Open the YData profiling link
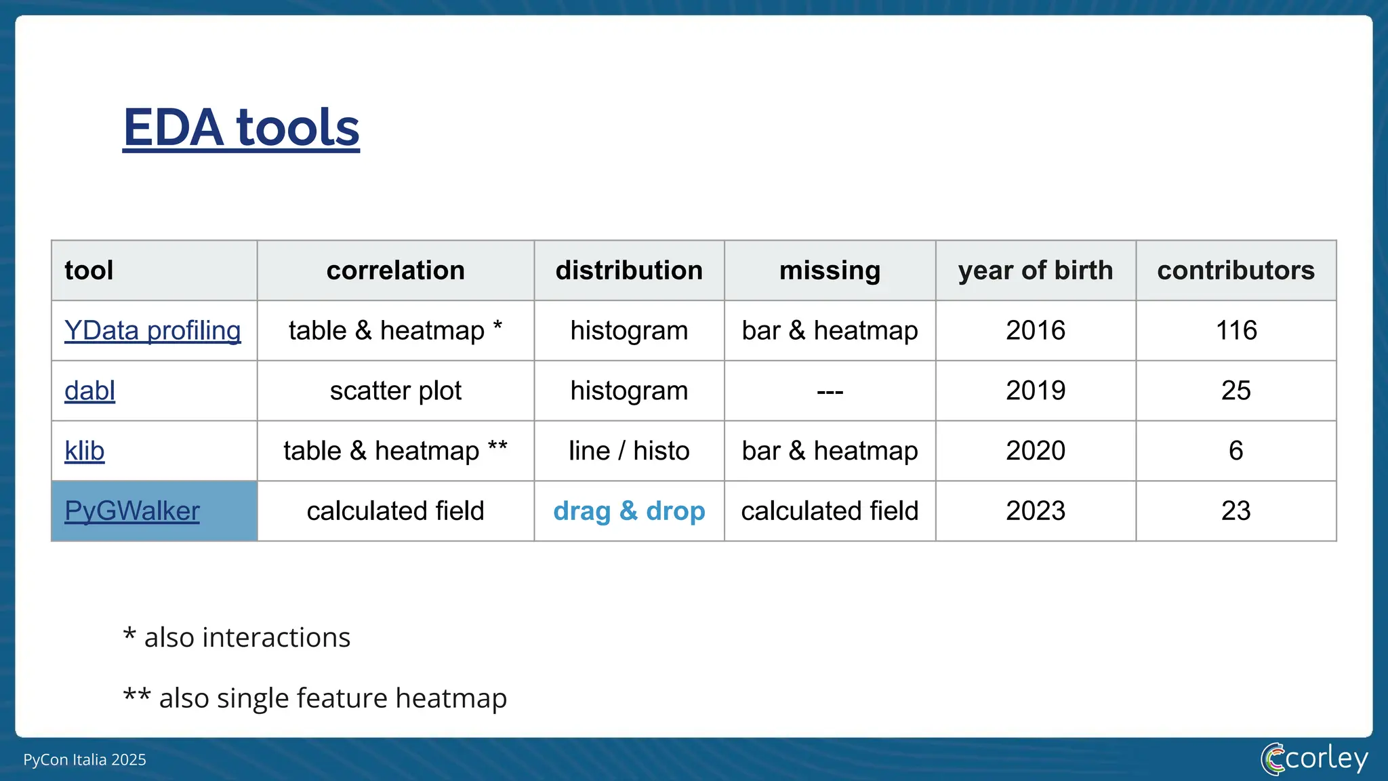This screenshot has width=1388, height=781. tap(152, 331)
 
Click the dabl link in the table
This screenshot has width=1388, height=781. tap(89, 391)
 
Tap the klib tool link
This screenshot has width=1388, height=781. tap(84, 451)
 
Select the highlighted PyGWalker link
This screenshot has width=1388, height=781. tap(131, 511)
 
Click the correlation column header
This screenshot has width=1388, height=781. tap(395, 271)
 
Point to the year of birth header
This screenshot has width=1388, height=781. tap(1035, 271)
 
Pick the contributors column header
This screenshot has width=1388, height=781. tap(1236, 271)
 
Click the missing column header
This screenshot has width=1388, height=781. tap(830, 271)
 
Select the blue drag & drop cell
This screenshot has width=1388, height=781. tap(629, 511)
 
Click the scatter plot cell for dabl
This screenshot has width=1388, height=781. tap(395, 391)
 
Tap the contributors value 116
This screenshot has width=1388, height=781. tap(1236, 331)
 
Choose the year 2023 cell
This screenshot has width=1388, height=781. tap(1035, 511)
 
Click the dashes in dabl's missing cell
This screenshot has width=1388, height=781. tap(830, 392)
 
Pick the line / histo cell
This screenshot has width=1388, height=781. tap(629, 451)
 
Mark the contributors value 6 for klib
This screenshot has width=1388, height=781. tap(1236, 451)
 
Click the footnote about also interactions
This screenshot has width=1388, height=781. tap(237, 638)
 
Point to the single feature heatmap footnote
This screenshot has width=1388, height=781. tap(315, 698)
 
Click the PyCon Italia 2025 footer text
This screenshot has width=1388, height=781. tap(85, 760)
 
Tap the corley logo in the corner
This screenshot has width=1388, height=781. tap(1314, 759)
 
